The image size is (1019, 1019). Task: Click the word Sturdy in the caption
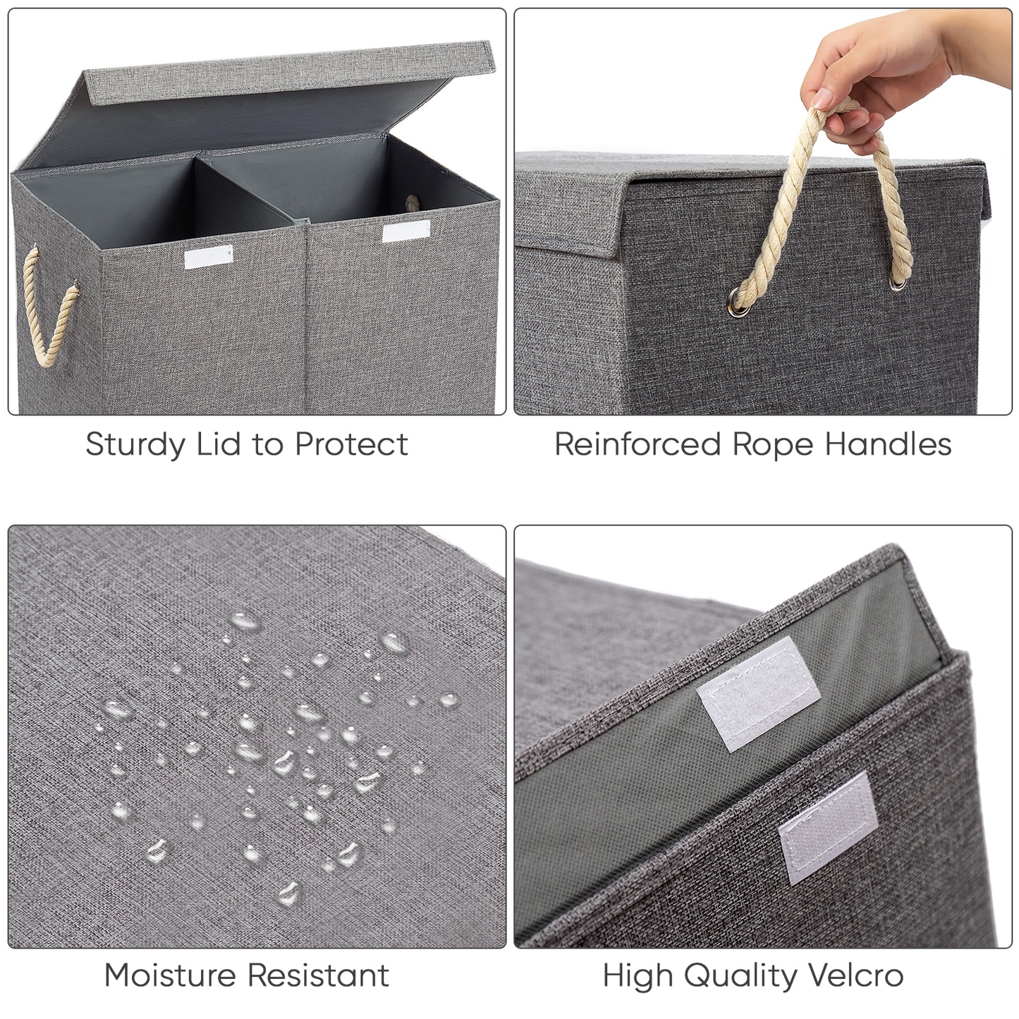[135, 445]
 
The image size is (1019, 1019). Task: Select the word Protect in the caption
[351, 444]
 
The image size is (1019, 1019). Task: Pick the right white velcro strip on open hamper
[405, 231]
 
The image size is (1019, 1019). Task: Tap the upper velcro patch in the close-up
[759, 692]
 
